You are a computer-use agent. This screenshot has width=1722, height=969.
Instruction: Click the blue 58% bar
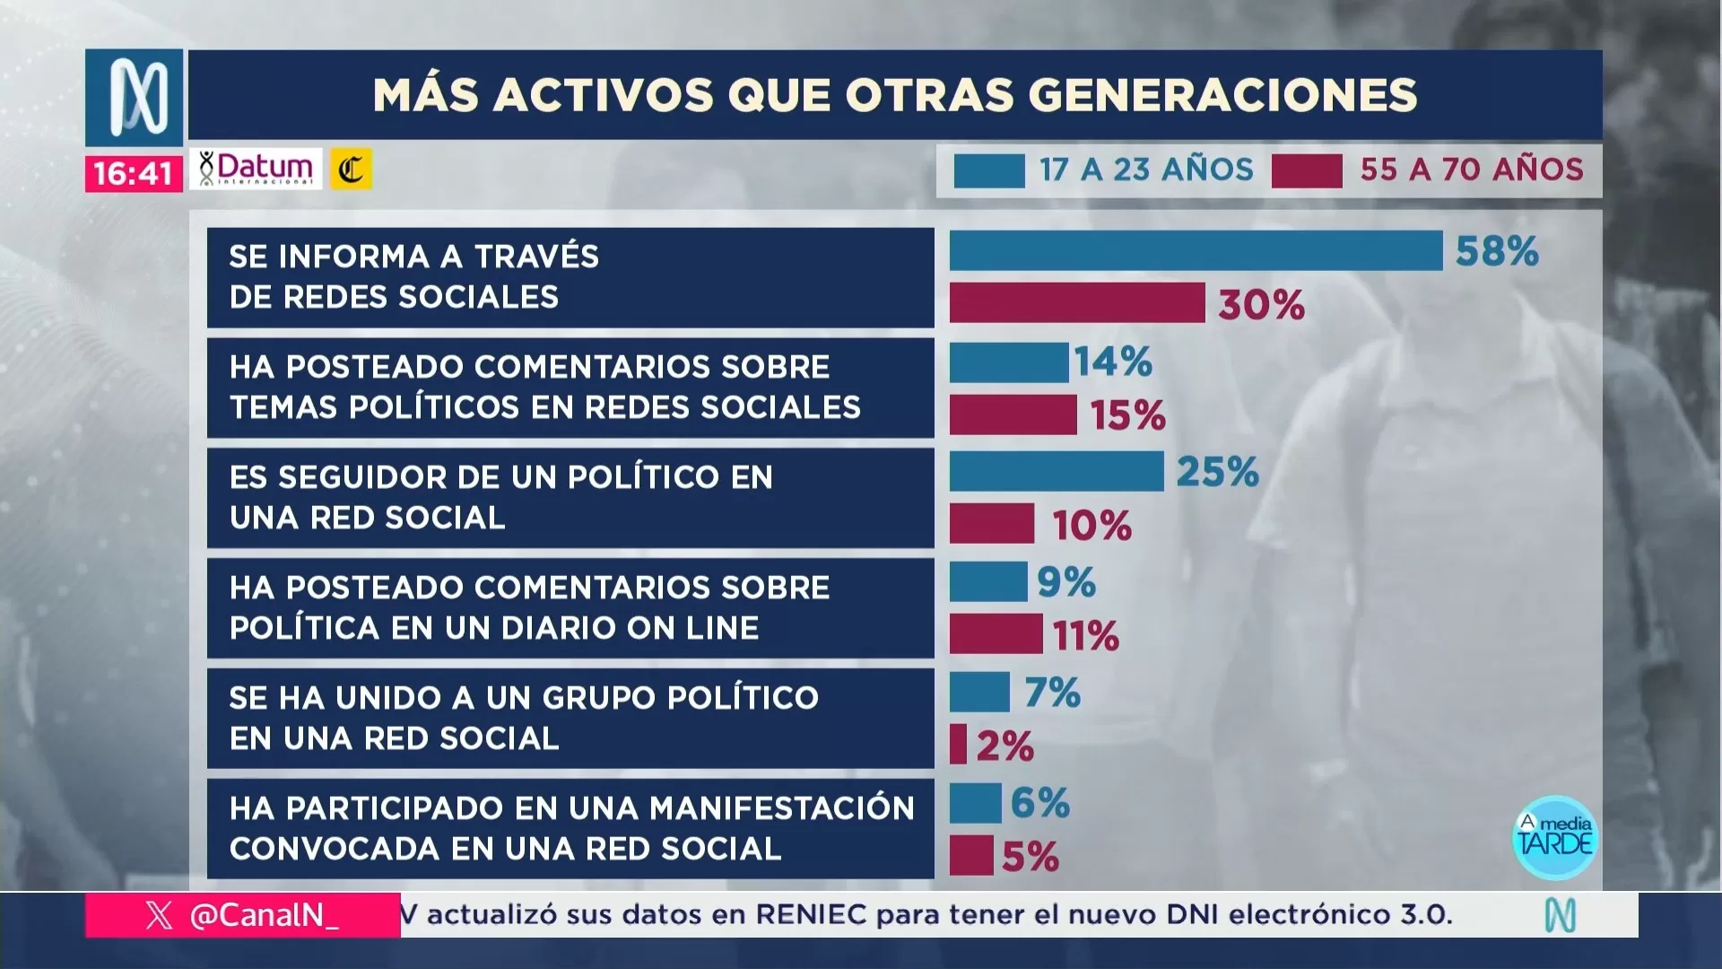pyautogui.click(x=1196, y=250)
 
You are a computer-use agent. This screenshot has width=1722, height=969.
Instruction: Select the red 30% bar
pyautogui.click(x=1076, y=303)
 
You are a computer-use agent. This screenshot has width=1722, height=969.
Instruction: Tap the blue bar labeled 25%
pyautogui.click(x=1056, y=472)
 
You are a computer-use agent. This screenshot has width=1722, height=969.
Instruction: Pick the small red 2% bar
pyautogui.click(x=958, y=745)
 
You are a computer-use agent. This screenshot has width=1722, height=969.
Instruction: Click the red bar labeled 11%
pyautogui.click(x=996, y=634)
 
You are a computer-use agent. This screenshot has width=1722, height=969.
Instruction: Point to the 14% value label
pyautogui.click(x=1113, y=362)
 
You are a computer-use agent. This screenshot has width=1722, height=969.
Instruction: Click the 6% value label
pyautogui.click(x=1039, y=803)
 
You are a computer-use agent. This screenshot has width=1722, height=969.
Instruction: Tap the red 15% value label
pyautogui.click(x=1127, y=415)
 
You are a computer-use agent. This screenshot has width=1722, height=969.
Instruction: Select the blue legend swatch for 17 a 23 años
pyautogui.click(x=988, y=170)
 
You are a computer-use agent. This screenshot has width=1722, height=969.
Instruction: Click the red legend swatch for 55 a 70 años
pyautogui.click(x=1306, y=170)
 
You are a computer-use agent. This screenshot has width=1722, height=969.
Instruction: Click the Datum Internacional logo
pyautogui.click(x=256, y=169)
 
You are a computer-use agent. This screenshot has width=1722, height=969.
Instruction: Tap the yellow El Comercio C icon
pyautogui.click(x=351, y=170)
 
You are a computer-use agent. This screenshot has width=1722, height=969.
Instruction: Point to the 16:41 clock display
pyautogui.click(x=133, y=173)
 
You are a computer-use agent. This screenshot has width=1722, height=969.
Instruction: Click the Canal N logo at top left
pyautogui.click(x=135, y=97)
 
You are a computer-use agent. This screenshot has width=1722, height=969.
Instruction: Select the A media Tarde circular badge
pyautogui.click(x=1554, y=837)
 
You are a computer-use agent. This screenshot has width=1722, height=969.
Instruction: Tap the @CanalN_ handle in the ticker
pyautogui.click(x=264, y=915)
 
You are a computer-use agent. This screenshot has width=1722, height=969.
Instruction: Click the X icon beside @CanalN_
pyautogui.click(x=159, y=915)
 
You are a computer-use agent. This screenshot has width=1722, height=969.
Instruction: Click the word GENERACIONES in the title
pyautogui.click(x=1222, y=95)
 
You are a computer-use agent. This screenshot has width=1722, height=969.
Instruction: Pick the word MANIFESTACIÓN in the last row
pyautogui.click(x=781, y=808)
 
